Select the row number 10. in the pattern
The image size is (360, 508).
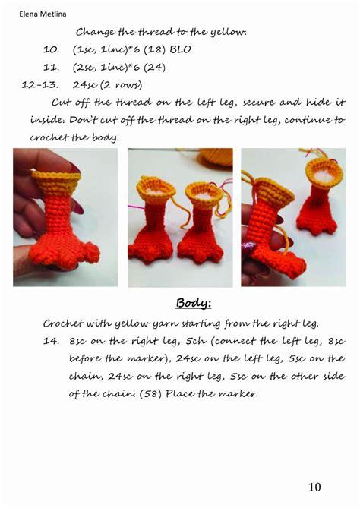tap(51, 49)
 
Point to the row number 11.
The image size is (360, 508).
tap(51, 67)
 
